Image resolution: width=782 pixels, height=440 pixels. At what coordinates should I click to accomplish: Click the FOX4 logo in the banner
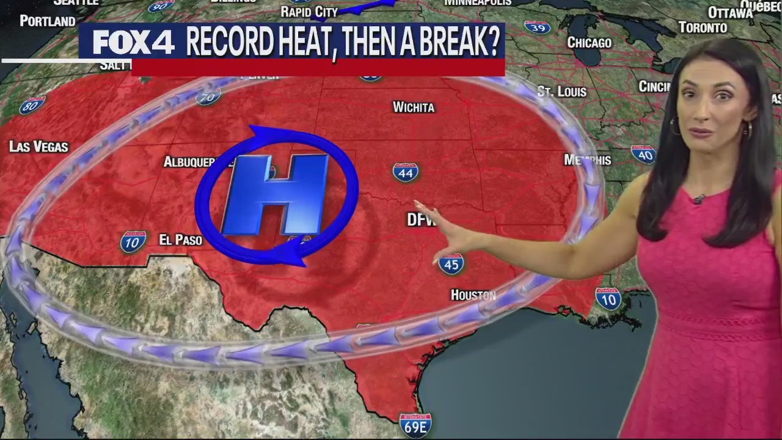click(134, 43)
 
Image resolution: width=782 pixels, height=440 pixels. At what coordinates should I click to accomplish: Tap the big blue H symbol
click(276, 195)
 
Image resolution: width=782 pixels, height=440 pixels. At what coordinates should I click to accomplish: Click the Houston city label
click(473, 295)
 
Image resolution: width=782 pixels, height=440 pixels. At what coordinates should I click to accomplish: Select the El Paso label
click(180, 240)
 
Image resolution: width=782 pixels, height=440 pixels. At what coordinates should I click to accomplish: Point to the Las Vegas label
click(38, 147)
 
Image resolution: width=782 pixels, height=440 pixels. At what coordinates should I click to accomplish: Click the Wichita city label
click(414, 108)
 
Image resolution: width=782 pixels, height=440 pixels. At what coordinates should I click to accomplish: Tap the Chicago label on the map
click(589, 43)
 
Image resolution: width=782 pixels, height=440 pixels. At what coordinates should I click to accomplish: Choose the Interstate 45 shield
click(451, 263)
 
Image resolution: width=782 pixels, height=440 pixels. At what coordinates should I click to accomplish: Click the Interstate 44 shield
click(406, 172)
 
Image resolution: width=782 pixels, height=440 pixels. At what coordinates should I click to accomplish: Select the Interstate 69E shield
click(415, 425)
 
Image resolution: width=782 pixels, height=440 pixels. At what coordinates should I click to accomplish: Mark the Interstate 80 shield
click(32, 106)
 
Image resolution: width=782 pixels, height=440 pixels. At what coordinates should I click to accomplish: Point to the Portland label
click(48, 21)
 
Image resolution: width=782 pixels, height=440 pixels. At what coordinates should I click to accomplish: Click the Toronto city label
click(703, 28)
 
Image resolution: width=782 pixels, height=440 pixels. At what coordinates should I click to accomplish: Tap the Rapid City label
click(309, 12)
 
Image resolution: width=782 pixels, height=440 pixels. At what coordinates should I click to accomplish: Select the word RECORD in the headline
click(229, 43)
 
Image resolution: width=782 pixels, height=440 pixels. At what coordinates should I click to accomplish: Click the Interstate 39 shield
click(536, 28)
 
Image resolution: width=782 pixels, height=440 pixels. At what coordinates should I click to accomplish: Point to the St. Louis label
click(561, 92)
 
